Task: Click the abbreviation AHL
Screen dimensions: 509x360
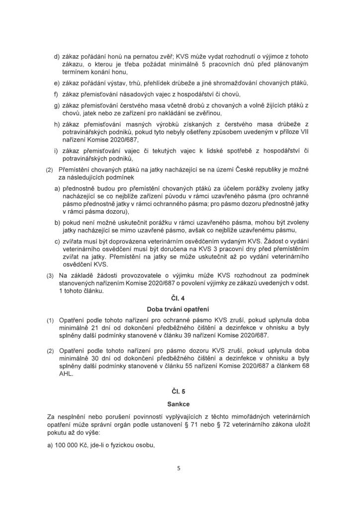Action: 66,375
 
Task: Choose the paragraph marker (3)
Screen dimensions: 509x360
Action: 49,275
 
